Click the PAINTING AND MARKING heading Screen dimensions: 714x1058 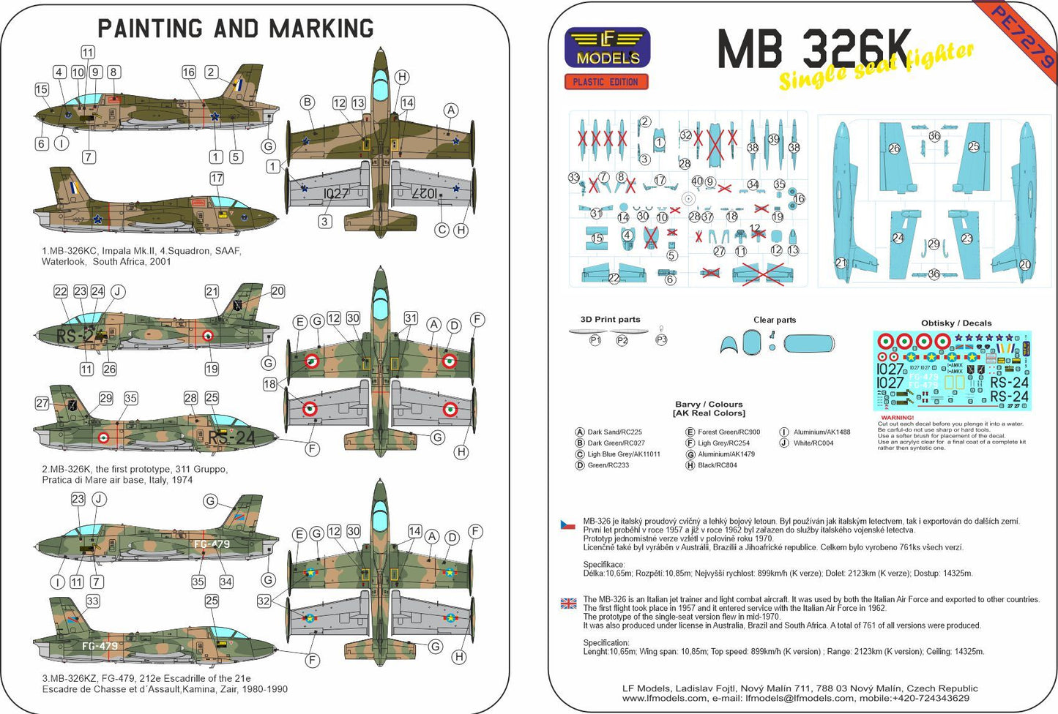tap(236, 29)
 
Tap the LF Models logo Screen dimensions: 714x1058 tap(607, 48)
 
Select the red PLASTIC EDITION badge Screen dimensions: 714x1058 tap(606, 82)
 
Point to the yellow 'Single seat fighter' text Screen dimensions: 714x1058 tap(876, 66)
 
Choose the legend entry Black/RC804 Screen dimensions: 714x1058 tap(717, 465)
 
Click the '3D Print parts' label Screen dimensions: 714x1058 tap(610, 320)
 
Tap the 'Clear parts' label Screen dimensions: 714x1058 tap(775, 320)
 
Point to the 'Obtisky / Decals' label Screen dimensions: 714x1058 tap(956, 323)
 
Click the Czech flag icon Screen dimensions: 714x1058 tap(568, 525)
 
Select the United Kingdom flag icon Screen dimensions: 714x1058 tap(568, 604)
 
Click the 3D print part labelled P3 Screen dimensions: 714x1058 tap(661, 339)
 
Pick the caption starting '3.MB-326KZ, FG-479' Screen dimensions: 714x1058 tap(165, 683)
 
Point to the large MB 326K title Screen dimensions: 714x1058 tap(814, 50)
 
